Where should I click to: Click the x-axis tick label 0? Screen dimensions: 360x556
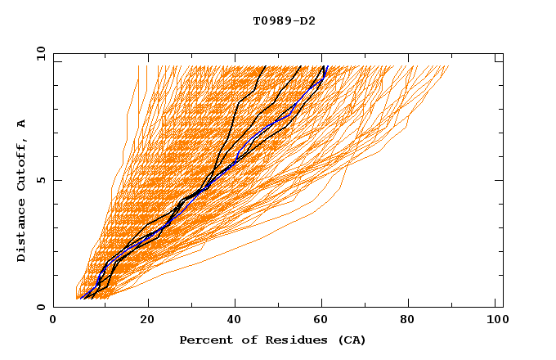53,322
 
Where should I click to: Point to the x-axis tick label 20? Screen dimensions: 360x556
147,322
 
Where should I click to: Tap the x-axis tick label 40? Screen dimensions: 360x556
235,322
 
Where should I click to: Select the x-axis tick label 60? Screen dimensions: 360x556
324,322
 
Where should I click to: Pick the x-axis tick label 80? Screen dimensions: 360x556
412,322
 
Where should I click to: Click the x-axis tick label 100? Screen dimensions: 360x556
496,322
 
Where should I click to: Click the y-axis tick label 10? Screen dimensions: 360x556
39,53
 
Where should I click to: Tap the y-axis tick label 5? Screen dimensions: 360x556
43,180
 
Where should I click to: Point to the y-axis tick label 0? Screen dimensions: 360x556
43,307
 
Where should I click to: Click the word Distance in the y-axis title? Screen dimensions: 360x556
22,231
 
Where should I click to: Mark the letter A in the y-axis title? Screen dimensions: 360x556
22,124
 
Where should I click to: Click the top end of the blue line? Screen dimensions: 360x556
325,66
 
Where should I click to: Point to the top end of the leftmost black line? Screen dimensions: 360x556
265,66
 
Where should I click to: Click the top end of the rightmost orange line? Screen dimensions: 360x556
448,66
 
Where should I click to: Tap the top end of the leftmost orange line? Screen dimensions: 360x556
138,66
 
